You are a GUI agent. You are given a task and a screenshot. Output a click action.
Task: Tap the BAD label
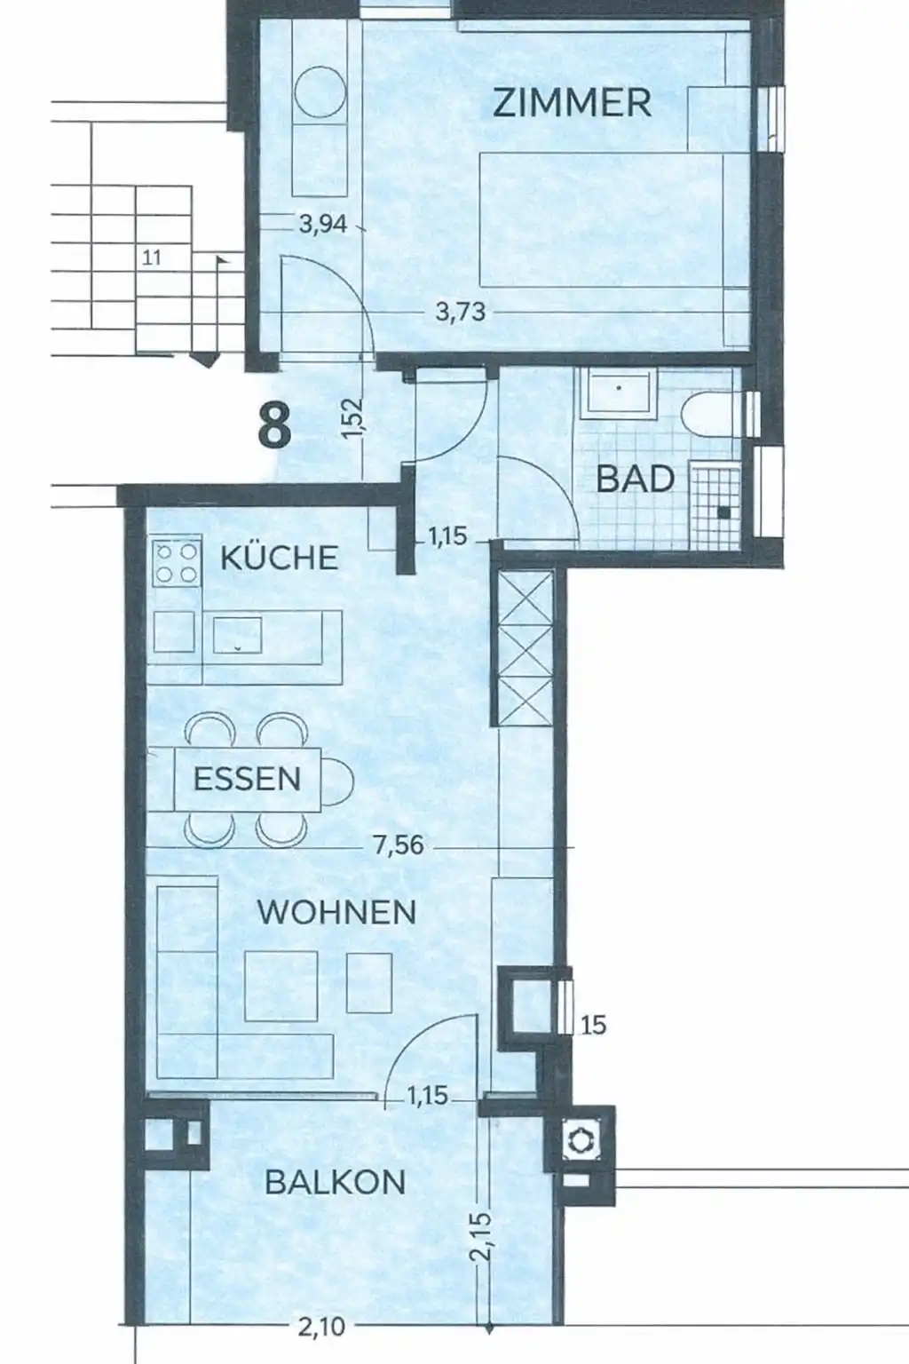[x=635, y=479]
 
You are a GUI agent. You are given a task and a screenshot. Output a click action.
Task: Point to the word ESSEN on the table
[x=247, y=779]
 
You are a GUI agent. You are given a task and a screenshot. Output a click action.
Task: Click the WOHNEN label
[x=336, y=912]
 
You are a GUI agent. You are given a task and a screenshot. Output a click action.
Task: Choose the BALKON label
[x=336, y=1183]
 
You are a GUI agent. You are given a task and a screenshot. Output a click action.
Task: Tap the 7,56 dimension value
[x=399, y=845]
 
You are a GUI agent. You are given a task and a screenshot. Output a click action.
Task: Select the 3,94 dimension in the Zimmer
[x=323, y=225]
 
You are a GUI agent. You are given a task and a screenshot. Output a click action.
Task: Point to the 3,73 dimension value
[x=461, y=313]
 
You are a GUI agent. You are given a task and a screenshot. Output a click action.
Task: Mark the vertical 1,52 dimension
[x=353, y=417]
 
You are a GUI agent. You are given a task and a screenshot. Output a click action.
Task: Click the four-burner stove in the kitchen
[x=177, y=563]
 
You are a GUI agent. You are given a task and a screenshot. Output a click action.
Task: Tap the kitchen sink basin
[x=237, y=635]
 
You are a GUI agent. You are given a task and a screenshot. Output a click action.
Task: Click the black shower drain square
[x=723, y=512]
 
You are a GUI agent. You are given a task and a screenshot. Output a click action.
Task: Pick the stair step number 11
[x=152, y=258]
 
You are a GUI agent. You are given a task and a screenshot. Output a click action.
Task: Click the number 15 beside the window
[x=593, y=1026]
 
